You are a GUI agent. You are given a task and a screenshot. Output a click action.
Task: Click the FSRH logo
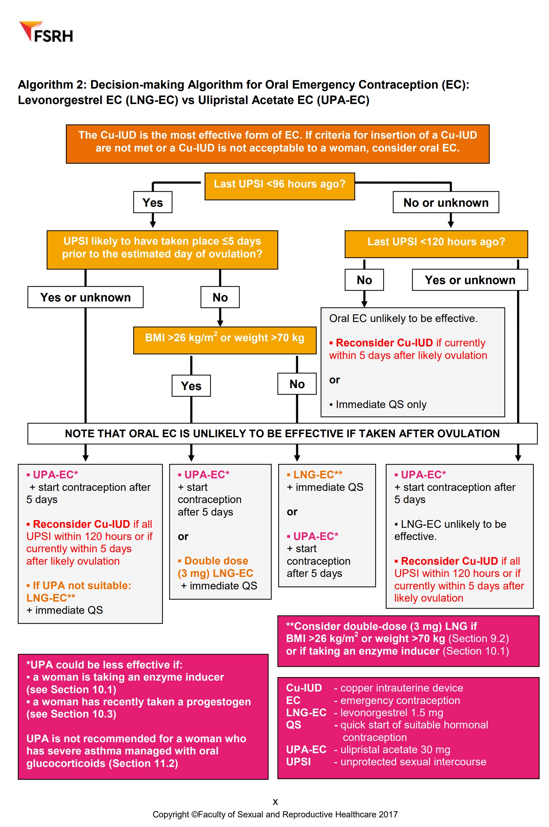click(x=46, y=32)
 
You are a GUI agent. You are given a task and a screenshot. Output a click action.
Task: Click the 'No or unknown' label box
click(x=445, y=202)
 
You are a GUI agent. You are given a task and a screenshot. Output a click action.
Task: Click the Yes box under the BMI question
click(x=191, y=385)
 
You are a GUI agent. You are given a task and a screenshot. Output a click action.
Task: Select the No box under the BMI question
click(x=296, y=384)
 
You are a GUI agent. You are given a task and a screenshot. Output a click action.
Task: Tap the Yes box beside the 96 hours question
click(x=152, y=202)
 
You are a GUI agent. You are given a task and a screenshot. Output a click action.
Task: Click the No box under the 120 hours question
click(x=364, y=280)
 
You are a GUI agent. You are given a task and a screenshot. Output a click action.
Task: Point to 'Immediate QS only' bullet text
click(x=381, y=404)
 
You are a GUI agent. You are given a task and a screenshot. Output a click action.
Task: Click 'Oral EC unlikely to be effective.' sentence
click(x=403, y=318)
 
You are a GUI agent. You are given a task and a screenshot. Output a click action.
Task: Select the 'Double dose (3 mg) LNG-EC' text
click(x=216, y=567)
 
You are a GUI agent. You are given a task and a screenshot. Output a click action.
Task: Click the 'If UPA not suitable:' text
click(x=81, y=585)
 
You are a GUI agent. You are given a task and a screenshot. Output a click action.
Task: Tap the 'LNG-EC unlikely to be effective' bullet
click(x=450, y=530)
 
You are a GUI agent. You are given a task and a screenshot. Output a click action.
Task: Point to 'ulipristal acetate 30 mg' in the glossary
click(x=395, y=749)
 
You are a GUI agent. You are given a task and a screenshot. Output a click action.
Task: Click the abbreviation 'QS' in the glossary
click(x=293, y=725)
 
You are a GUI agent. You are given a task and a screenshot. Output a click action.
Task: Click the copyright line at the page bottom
click(x=275, y=814)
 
